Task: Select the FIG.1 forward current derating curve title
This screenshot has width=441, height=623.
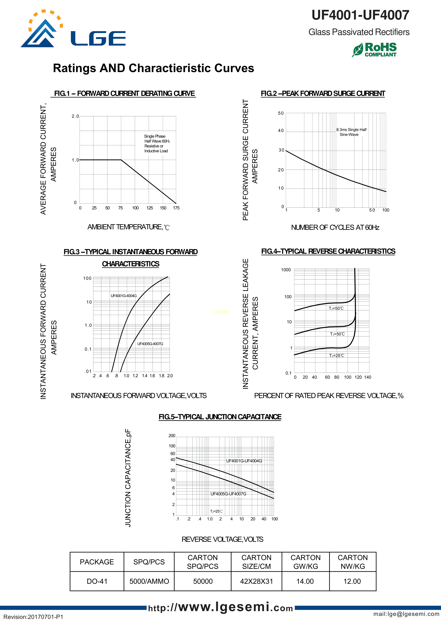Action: pos(124,94)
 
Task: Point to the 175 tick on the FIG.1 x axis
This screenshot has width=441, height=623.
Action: pos(176,208)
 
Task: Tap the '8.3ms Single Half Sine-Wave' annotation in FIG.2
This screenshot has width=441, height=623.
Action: pos(351,132)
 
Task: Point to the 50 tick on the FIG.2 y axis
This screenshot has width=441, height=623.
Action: pos(281,113)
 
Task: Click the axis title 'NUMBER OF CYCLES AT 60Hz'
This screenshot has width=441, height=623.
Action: pos(335,227)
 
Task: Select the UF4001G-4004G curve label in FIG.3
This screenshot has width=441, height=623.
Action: pos(124,296)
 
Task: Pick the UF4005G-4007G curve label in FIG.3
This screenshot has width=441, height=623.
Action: pos(150,344)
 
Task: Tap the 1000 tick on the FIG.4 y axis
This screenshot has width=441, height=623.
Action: pos(286,270)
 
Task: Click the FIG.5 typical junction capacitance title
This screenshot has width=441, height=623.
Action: pos(220,417)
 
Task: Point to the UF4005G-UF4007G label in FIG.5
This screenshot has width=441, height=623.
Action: pos(228,494)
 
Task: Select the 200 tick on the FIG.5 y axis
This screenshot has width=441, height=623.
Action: pos(172,436)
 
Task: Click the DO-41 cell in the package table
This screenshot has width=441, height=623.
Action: pos(97,581)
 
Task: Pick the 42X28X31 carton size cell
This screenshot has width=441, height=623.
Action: pos(256,581)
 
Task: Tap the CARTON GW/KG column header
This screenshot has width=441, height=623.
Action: pos(305,562)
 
